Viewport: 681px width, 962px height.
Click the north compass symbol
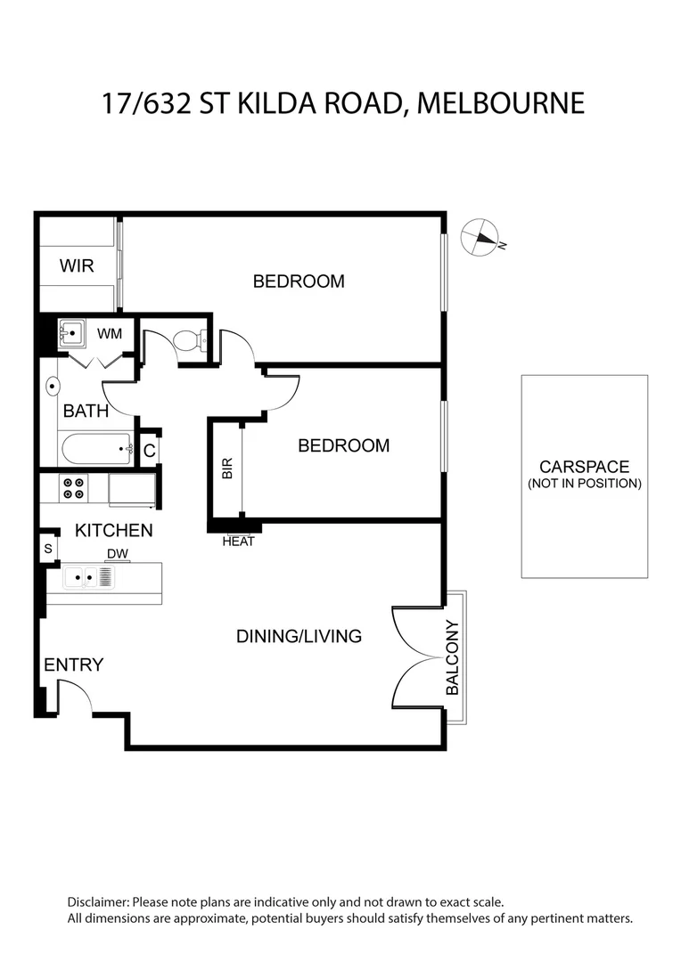coord(480,236)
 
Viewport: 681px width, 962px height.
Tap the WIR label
coord(77,265)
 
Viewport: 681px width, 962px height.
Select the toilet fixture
coord(190,339)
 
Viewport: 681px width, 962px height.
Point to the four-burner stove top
coord(72,487)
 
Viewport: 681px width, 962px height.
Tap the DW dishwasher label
coord(117,554)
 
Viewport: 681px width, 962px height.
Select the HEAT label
coord(238,541)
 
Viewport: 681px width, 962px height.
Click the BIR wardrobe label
coord(226,469)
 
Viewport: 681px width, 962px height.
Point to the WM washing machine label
coord(109,333)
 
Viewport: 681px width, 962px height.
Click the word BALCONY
coord(452,657)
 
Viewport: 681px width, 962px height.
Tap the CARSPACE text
coord(584,467)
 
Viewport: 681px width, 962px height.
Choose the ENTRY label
coord(73,664)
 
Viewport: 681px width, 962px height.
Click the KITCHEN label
coord(113,531)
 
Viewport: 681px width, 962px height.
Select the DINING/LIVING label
coord(299,636)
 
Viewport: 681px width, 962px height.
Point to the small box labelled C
coord(149,451)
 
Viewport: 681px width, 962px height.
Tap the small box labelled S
coord(47,549)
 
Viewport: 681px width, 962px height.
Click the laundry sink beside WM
coord(70,333)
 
